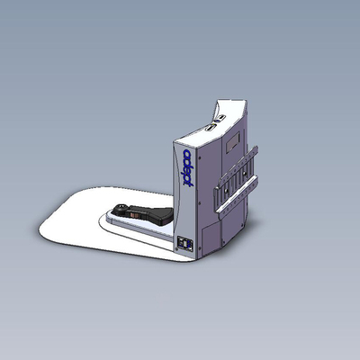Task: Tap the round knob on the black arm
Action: coord(121,208)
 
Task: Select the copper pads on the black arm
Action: coord(134,214)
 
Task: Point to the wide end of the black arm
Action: coord(166,216)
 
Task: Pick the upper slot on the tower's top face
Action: coord(220,118)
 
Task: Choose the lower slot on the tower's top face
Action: coord(210,128)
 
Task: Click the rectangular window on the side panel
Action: coord(233,142)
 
